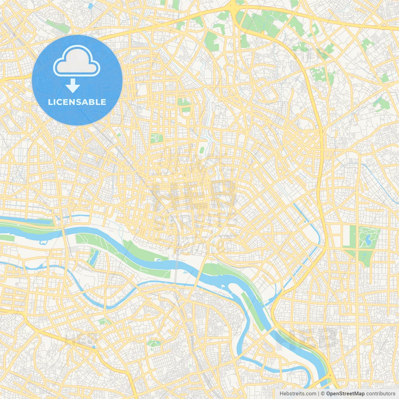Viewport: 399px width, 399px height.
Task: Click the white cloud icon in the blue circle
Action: [77, 61]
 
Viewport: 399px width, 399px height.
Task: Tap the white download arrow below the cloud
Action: [73, 86]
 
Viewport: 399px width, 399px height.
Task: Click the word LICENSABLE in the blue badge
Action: [77, 102]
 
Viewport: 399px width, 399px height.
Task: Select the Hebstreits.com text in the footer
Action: [298, 394]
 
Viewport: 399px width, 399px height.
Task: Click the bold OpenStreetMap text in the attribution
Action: [345, 394]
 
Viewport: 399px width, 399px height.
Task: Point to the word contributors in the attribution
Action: [381, 394]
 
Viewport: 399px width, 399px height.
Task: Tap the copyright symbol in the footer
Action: [323, 394]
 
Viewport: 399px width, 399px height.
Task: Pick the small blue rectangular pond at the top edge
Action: [90, 6]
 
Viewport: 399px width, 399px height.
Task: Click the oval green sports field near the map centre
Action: [202, 150]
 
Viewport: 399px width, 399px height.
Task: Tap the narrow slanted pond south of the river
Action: [93, 257]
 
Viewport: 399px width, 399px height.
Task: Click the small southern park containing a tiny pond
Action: [154, 343]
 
